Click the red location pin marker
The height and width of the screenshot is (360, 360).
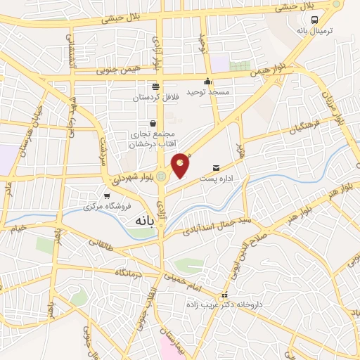181,165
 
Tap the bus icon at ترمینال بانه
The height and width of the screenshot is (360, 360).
316,20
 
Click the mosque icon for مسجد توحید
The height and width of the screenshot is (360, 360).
207,80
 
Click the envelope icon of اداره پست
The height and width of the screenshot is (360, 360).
215,167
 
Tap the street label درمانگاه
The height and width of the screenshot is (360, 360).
130,271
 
